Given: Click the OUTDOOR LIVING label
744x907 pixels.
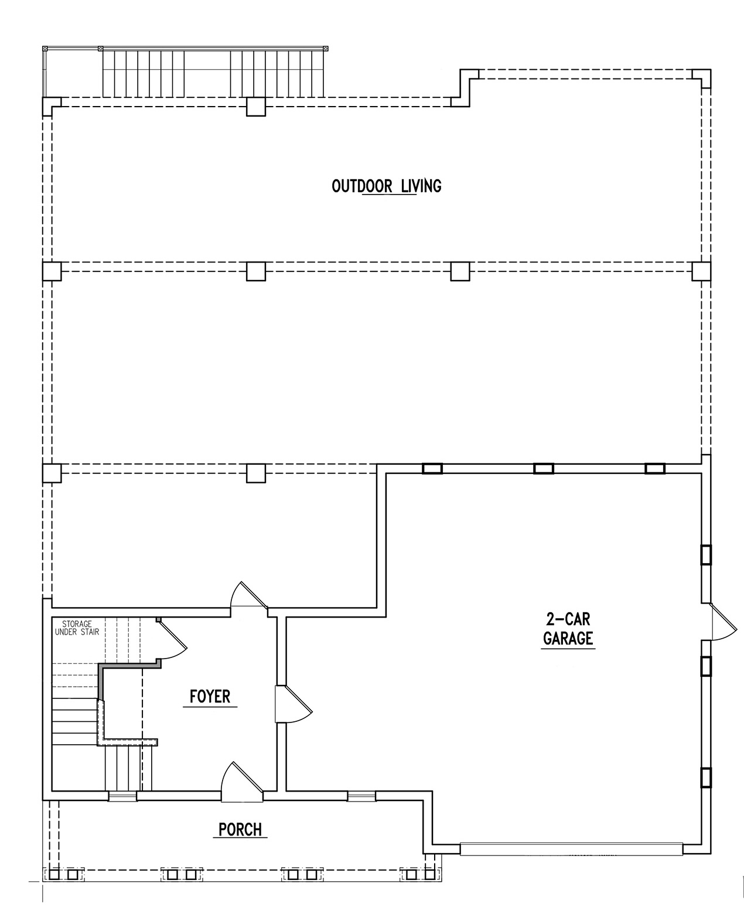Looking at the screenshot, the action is [386, 186].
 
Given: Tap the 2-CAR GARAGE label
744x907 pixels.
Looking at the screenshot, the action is [568, 629].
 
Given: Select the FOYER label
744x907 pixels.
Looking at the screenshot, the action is [210, 696].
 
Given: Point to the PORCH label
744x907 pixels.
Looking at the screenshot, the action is [240, 829].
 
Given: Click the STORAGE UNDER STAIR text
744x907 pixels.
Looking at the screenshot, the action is [77, 628].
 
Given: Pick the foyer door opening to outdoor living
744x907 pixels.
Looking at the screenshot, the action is [249, 595].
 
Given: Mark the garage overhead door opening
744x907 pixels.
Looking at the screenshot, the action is [571, 850].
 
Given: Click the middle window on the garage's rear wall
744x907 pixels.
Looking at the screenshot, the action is [544, 468].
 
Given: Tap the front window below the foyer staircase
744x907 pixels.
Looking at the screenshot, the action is [122, 796].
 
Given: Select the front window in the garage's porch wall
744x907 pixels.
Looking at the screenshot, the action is [361, 796].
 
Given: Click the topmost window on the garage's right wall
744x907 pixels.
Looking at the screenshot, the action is [706, 555].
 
